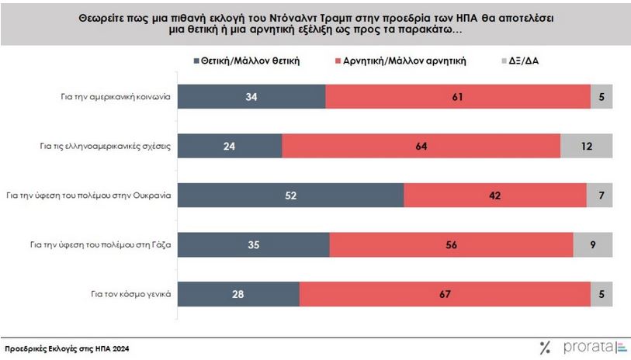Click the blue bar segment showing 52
tap(291, 196)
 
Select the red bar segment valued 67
tap(442, 294)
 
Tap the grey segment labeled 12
tap(586, 146)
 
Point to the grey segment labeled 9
tap(593, 245)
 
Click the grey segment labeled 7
tap(599, 196)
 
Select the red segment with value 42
tap(495, 196)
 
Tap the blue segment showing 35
tap(254, 245)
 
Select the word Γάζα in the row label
tap(157, 245)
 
